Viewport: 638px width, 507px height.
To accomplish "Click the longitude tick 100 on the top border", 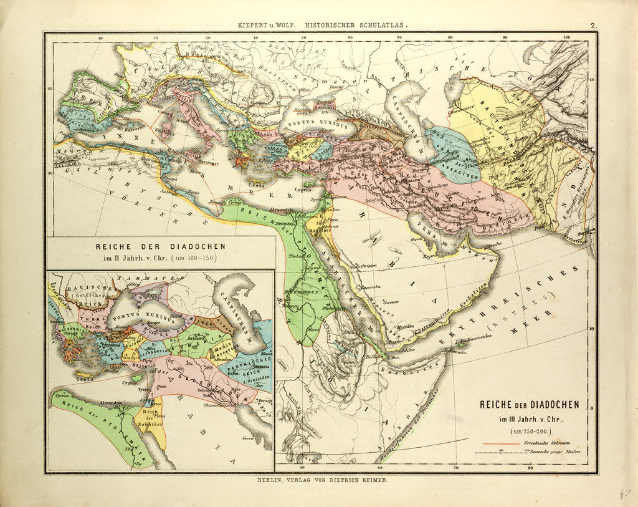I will (566, 37).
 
